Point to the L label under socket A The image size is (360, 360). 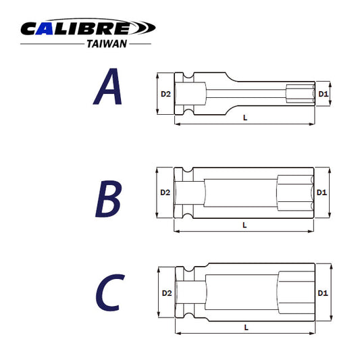(245, 118)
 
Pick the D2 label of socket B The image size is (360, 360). (165, 192)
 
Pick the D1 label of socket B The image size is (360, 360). (322, 192)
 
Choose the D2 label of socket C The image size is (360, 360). (165, 293)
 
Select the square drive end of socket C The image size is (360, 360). (190, 293)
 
